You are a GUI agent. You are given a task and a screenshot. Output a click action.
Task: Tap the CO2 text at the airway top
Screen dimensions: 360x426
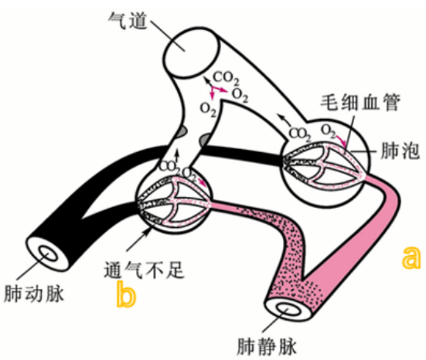click(x=226, y=77)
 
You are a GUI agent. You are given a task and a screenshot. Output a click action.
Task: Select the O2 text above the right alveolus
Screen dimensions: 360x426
click(x=329, y=128)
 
